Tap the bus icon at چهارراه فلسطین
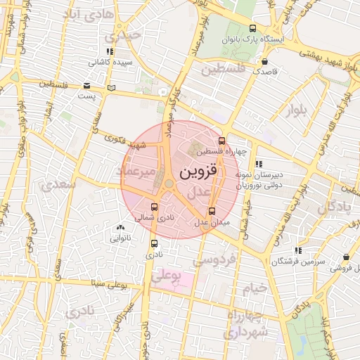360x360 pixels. coord(222,141)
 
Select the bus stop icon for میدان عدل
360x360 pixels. coord(212,211)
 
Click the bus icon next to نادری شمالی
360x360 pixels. coord(155,207)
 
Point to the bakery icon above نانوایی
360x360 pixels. coord(120,227)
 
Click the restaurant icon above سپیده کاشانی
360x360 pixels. coord(109,51)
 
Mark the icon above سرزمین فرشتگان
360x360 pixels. coord(298,250)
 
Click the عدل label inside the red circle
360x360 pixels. coord(199,192)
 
